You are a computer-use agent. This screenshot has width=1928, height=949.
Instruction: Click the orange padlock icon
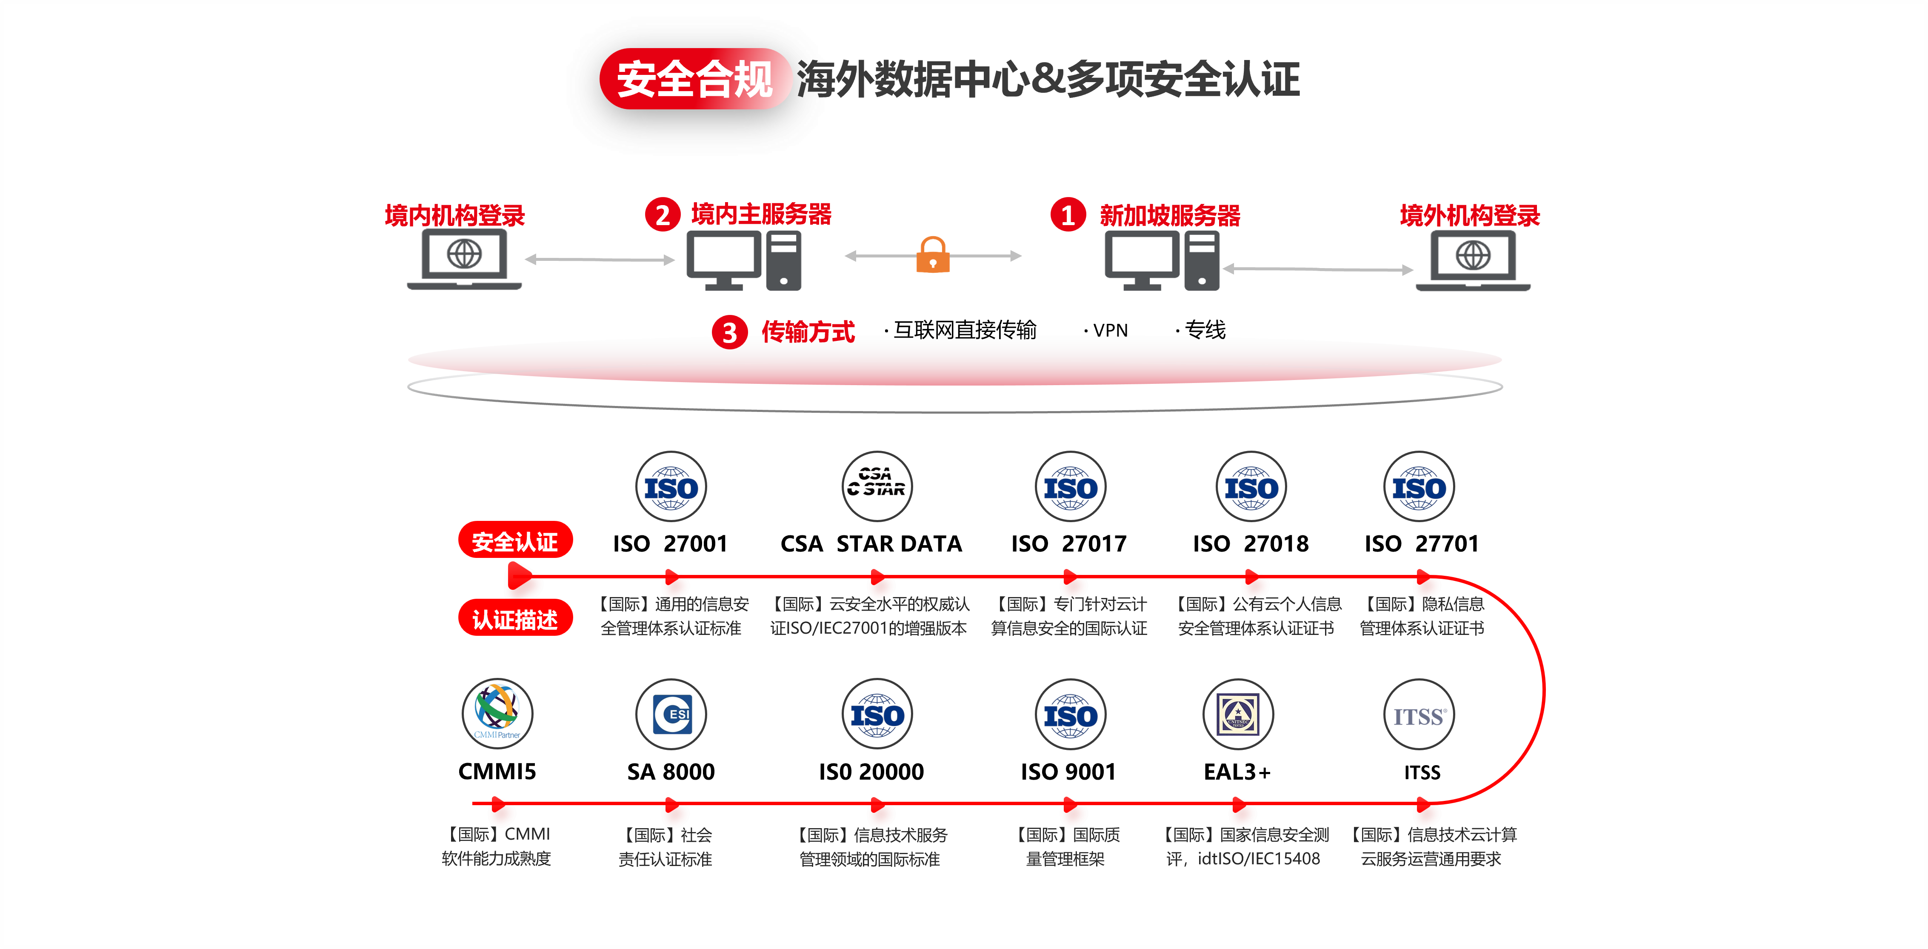pyautogui.click(x=933, y=256)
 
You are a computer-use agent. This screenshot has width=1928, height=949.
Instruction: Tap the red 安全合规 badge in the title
pyautogui.click(x=694, y=79)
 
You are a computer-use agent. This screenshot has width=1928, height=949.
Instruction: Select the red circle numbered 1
pyautogui.click(x=1068, y=215)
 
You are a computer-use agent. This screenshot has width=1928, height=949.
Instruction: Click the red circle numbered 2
pyautogui.click(x=663, y=215)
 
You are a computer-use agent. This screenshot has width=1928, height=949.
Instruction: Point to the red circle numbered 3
pyautogui.click(x=729, y=332)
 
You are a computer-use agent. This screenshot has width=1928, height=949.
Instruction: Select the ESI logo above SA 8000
pyautogui.click(x=671, y=714)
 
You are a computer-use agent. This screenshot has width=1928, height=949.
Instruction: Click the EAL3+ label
pyautogui.click(x=1237, y=772)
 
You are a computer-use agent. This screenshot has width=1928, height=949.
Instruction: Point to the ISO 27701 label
pyautogui.click(x=1421, y=543)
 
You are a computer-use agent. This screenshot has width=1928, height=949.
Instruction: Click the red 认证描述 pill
pyautogui.click(x=515, y=619)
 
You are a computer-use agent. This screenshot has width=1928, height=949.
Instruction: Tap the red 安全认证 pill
pyautogui.click(x=515, y=540)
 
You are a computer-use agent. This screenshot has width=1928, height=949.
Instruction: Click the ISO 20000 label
pyautogui.click(x=871, y=772)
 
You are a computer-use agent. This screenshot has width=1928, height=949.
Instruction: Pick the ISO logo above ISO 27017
pyautogui.click(x=1070, y=486)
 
